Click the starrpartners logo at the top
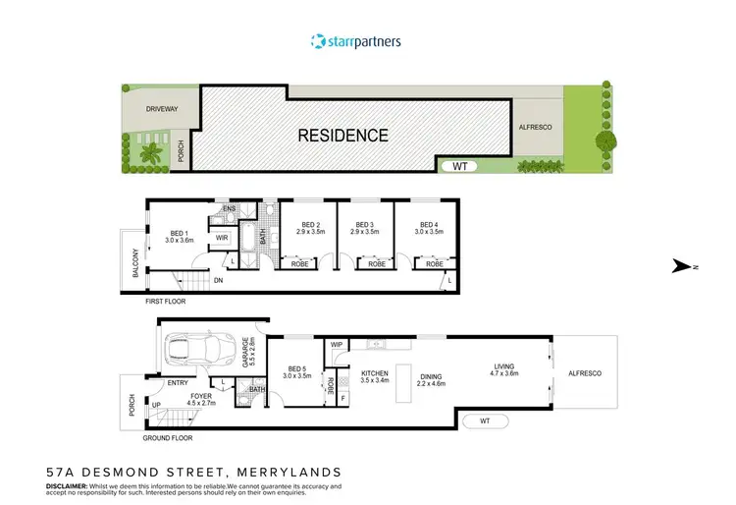[x=354, y=41]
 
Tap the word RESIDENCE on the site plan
[x=343, y=136]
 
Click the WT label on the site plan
[x=459, y=166]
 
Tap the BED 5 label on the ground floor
[x=296, y=371]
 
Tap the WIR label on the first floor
[x=222, y=237]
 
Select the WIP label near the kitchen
[x=337, y=345]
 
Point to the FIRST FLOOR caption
[x=166, y=302]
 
